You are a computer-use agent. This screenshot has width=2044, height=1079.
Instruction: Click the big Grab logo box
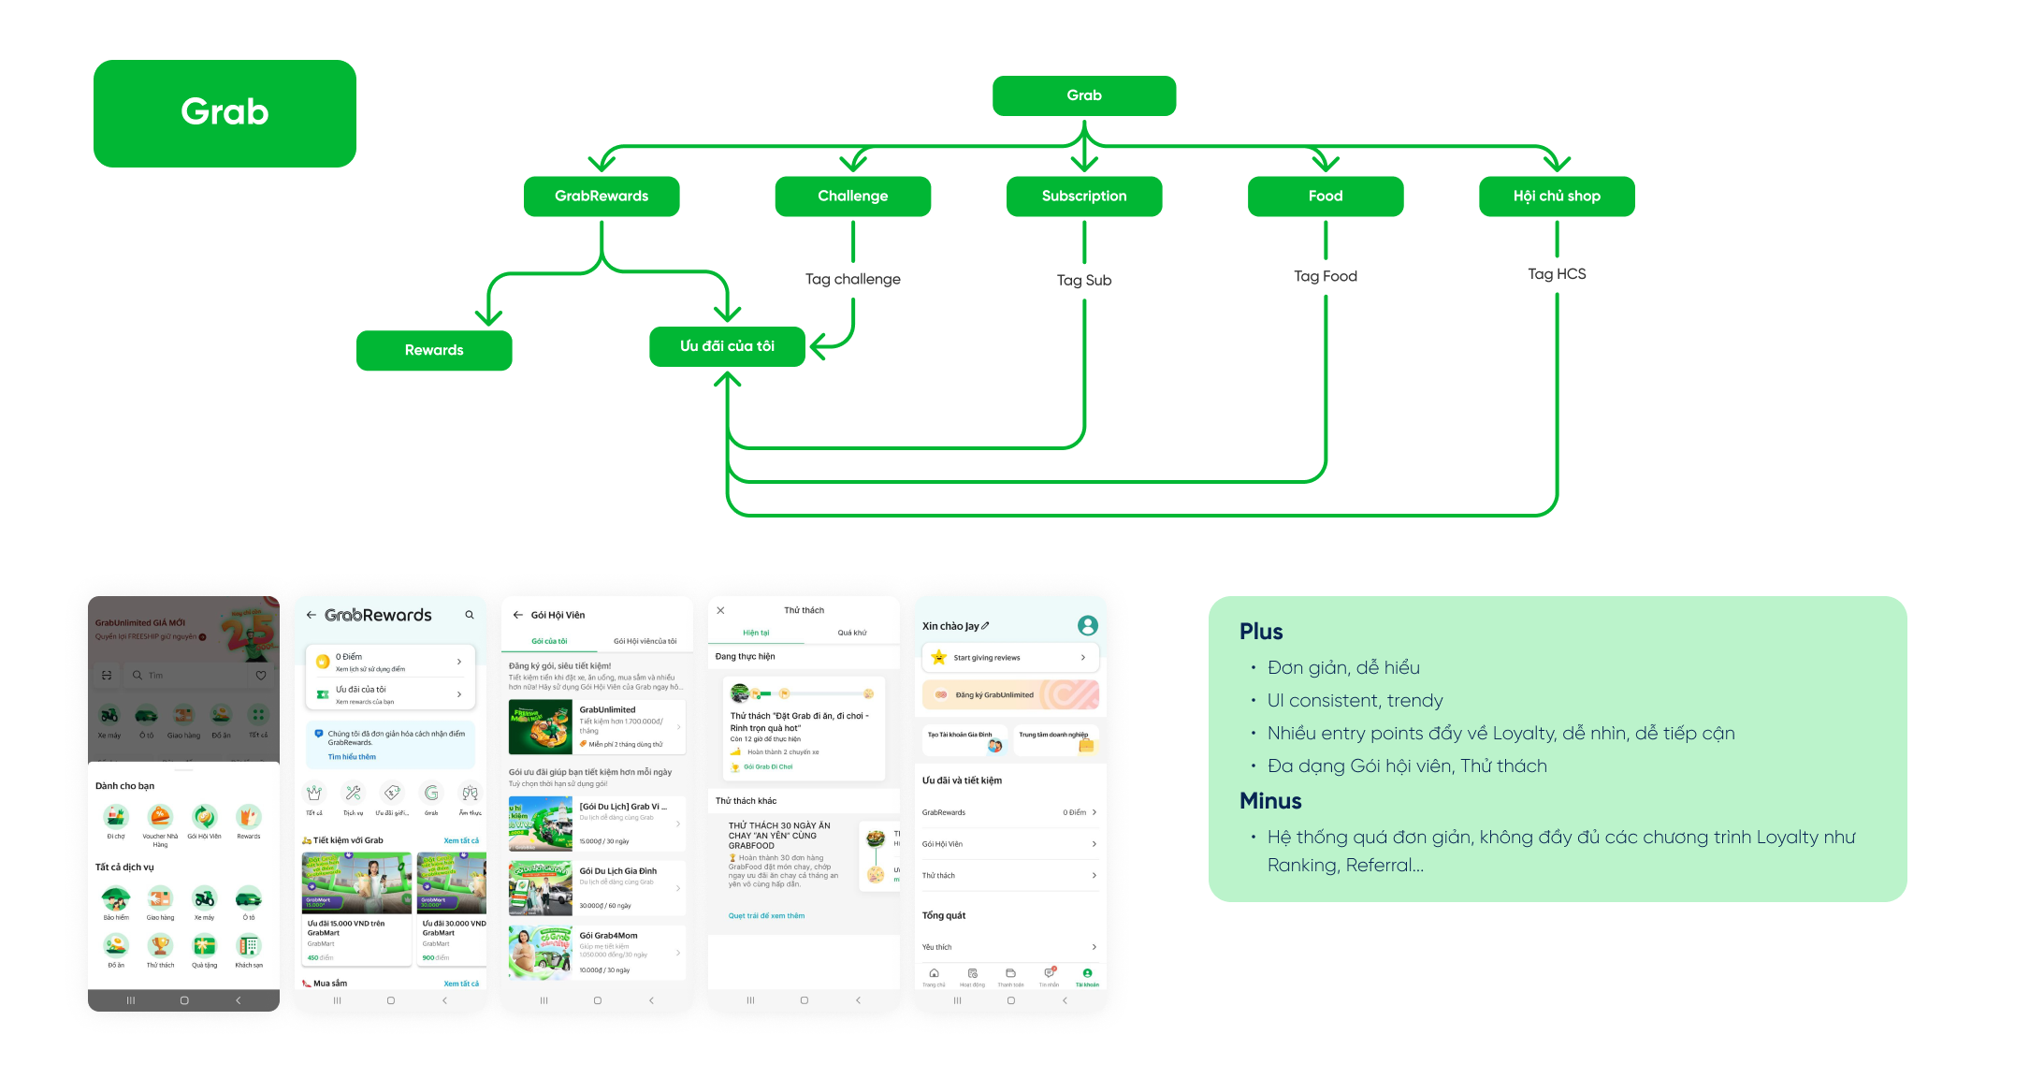[225, 113]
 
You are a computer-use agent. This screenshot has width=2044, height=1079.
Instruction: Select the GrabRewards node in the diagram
[602, 197]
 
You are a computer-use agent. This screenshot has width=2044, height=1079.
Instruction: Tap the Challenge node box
[852, 197]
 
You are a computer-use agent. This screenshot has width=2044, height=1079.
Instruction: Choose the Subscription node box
[1084, 197]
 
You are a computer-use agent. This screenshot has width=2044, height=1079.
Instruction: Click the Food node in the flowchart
[1325, 197]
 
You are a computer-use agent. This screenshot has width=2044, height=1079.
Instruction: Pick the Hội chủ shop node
[1557, 197]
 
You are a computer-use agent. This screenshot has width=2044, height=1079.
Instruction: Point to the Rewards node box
[434, 350]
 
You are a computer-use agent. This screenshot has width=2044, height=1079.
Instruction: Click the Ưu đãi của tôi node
[727, 346]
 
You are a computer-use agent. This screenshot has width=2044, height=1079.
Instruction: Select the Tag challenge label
[852, 279]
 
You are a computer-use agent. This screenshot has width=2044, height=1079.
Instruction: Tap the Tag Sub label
[1084, 280]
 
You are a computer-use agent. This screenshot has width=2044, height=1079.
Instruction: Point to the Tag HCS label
[1557, 274]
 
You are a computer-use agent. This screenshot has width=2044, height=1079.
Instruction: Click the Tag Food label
[1325, 276]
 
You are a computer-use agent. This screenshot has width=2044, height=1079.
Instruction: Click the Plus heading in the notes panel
[1261, 632]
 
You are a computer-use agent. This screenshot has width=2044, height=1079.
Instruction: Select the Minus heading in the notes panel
[1270, 801]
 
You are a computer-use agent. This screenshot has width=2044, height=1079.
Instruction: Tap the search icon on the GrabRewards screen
[470, 615]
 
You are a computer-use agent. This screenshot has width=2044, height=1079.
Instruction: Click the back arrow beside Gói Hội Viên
[518, 615]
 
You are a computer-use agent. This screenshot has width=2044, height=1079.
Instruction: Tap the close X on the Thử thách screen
[720, 610]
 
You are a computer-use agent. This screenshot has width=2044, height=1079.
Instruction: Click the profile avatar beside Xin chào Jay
[1087, 625]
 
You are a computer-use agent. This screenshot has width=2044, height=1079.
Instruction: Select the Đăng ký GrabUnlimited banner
[1010, 694]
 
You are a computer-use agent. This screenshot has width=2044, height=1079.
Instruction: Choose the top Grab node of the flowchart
[1084, 95]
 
